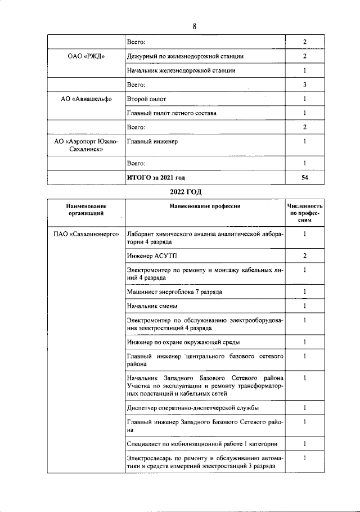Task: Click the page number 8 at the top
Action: pos(194,27)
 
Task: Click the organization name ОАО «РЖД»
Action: pos(85,56)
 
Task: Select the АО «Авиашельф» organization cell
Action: pos(85,99)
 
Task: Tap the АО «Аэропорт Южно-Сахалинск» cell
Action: pos(85,146)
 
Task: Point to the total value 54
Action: pos(304,177)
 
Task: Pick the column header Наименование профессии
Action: pos(205,206)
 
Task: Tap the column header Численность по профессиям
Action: pos(304,214)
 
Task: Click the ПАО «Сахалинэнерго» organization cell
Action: pos(85,233)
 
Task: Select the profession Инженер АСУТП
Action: pos(145,256)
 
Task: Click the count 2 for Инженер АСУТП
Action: pos(304,256)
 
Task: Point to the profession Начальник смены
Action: pos(152,306)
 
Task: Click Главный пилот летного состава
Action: pos(172,113)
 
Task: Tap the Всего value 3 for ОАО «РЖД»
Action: pos(304,85)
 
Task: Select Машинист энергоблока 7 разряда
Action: pos(174,291)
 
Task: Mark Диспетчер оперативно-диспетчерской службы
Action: pos(193,407)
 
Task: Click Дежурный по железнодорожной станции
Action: pos(185,56)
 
